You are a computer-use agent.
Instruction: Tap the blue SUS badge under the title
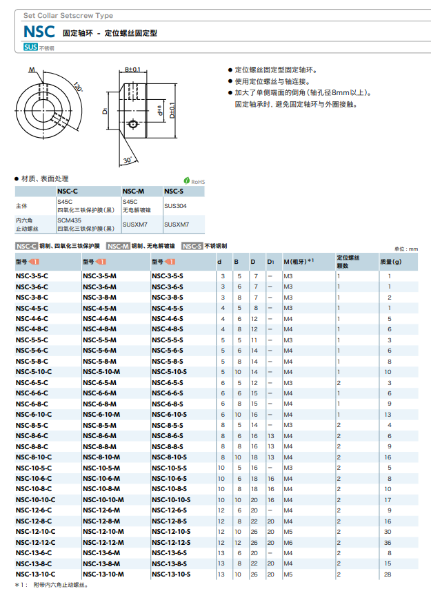tap(30, 47)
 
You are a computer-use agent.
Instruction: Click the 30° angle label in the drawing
tap(128, 159)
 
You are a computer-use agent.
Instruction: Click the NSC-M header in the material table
tap(133, 191)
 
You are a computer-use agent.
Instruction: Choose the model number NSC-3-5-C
tap(32, 276)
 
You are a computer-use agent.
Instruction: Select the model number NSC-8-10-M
tap(100, 457)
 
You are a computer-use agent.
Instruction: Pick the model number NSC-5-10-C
tap(34, 371)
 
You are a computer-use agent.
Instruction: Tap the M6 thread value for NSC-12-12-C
tap(288, 542)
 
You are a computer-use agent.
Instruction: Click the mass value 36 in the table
tap(389, 542)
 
